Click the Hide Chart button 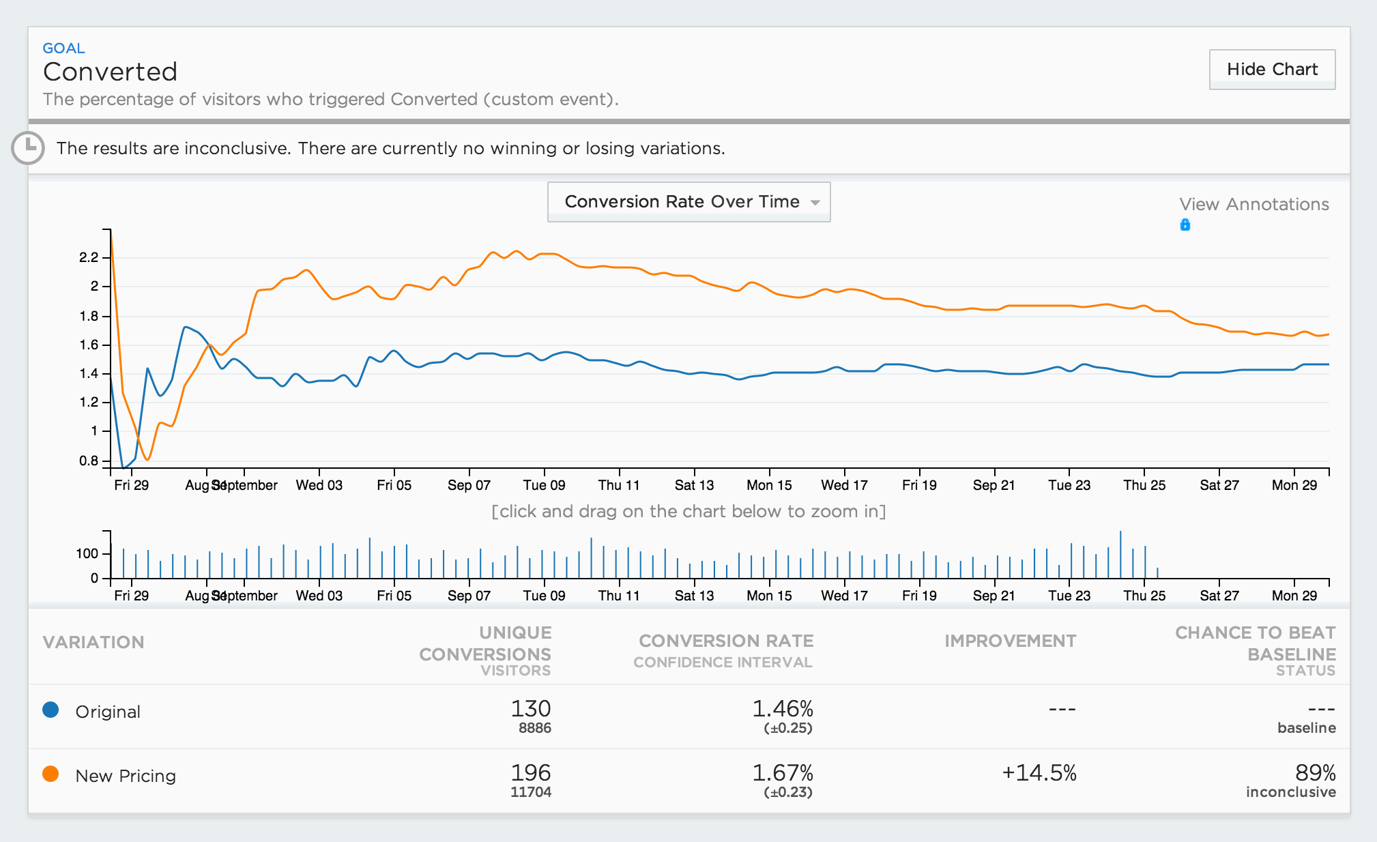tap(1272, 69)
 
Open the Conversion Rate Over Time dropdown tap(688, 201)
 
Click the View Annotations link tap(1253, 204)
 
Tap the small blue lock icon tap(1185, 224)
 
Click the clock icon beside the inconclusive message tap(28, 147)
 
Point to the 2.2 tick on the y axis tap(89, 257)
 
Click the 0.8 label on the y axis tap(89, 461)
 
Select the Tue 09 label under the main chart tap(544, 485)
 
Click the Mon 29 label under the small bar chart tap(1294, 596)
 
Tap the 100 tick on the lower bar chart tap(87, 553)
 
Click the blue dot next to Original tap(50, 710)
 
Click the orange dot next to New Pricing tap(50, 774)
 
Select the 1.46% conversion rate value tap(782, 708)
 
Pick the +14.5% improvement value tap(1039, 772)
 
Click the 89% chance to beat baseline tap(1315, 772)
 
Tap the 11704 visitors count tap(530, 792)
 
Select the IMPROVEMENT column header tap(1010, 641)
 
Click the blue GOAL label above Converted tap(63, 48)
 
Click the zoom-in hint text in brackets tap(688, 511)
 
